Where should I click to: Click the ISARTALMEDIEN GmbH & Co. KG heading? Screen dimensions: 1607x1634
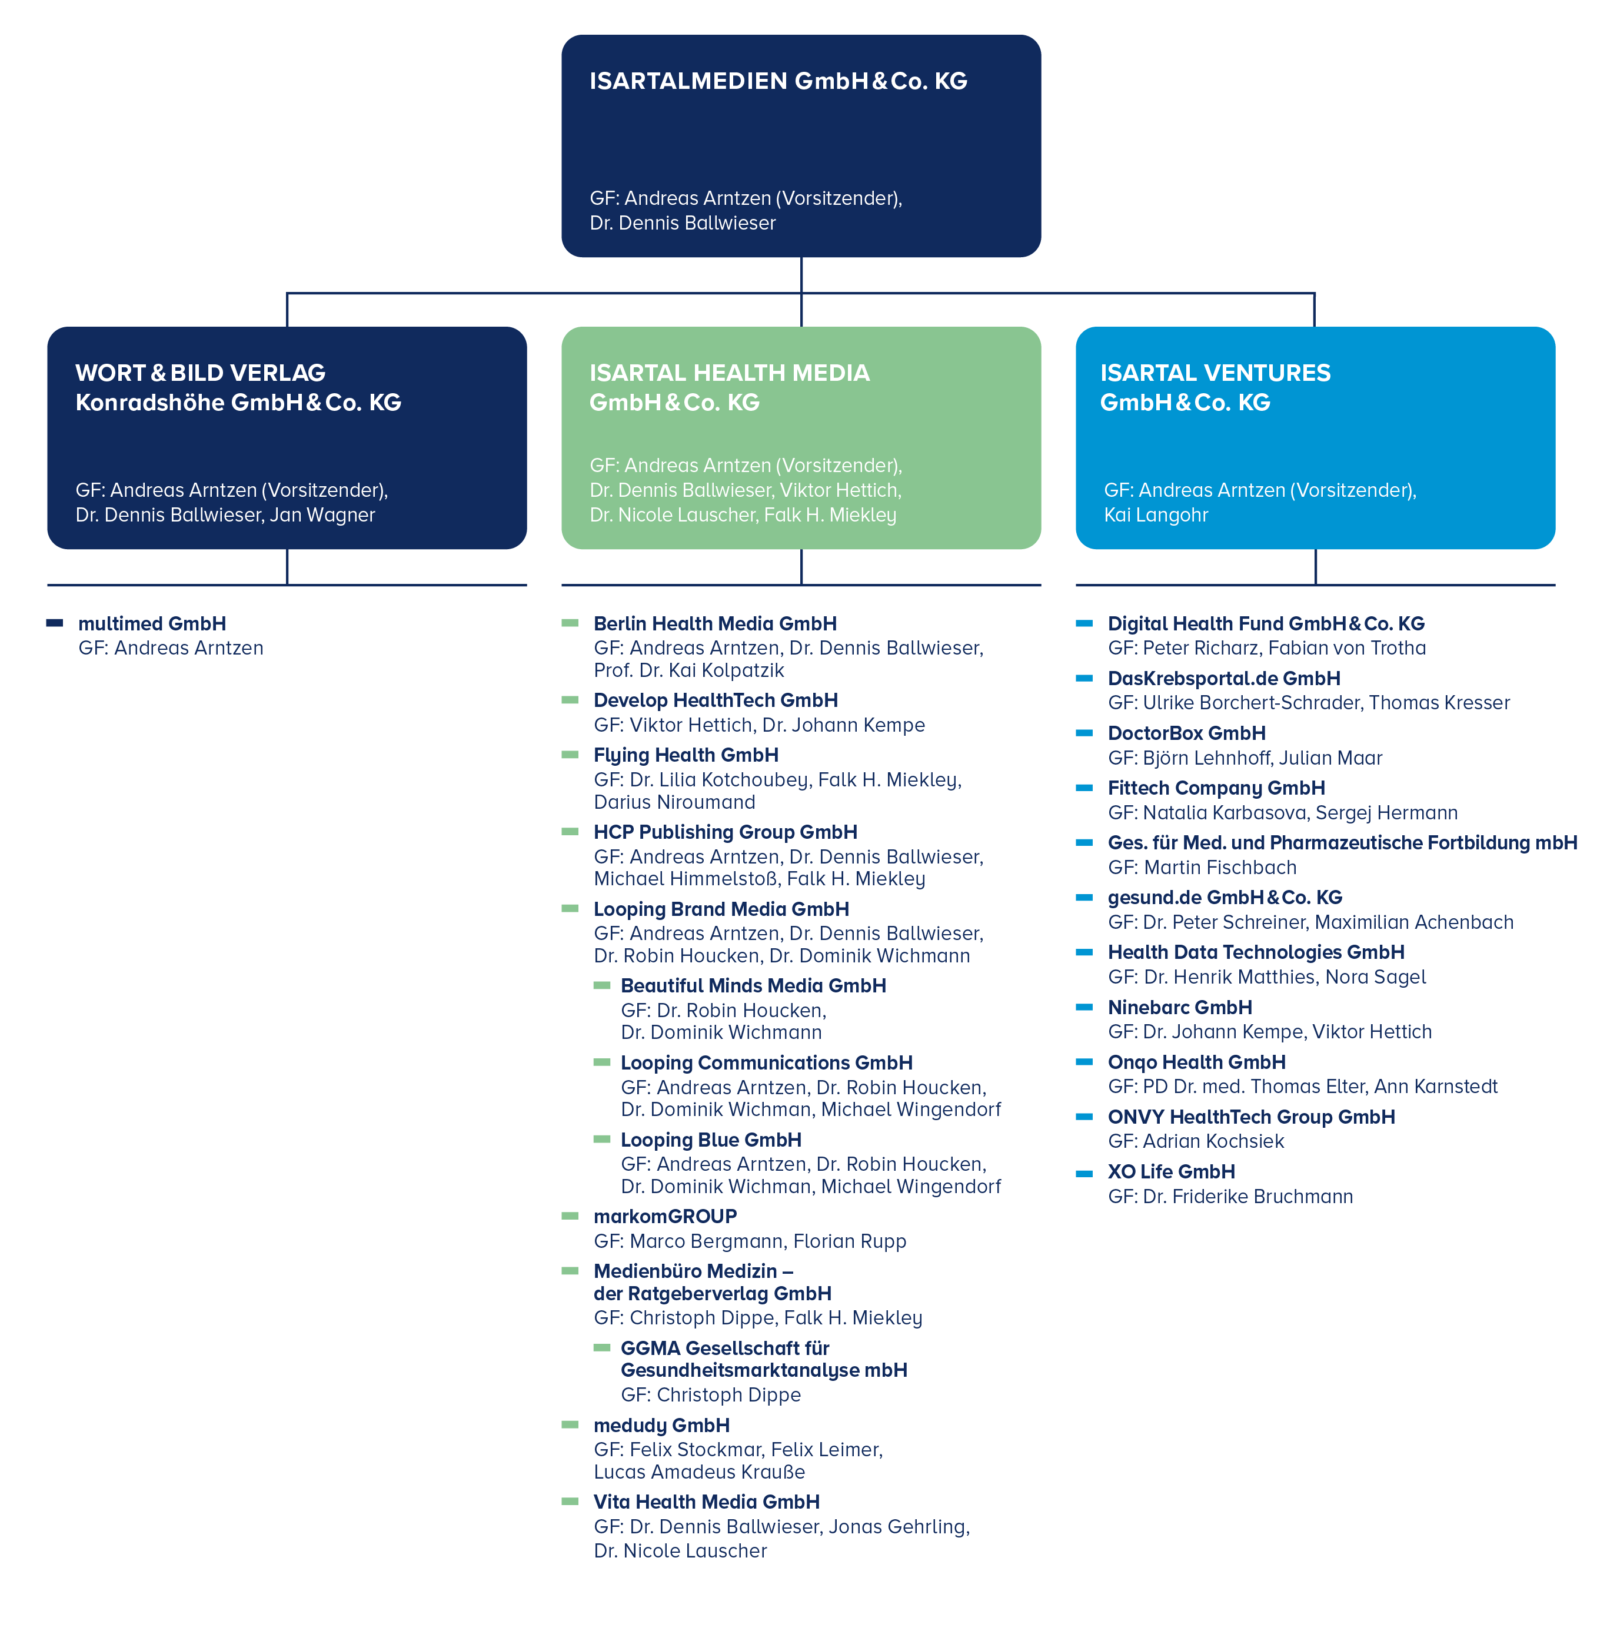tap(778, 81)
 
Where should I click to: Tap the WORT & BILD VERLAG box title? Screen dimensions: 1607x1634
tap(238, 387)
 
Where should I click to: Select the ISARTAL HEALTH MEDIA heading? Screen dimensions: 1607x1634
tap(729, 387)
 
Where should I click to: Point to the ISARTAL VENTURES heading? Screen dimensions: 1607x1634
tap(1215, 387)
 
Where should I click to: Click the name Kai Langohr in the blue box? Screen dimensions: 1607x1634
tap(1156, 515)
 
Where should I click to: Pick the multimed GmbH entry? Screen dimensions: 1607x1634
tap(152, 624)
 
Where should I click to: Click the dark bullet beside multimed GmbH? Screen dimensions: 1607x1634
tap(55, 623)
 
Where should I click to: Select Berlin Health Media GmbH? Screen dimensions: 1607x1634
tap(715, 624)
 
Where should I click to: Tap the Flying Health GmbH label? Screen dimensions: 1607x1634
tap(686, 755)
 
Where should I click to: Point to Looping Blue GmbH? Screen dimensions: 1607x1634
tap(711, 1140)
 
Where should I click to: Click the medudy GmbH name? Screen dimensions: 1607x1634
tap(662, 1426)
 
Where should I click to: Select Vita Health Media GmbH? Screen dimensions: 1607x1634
tap(707, 1502)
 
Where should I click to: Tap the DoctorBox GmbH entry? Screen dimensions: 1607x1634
tap(1187, 733)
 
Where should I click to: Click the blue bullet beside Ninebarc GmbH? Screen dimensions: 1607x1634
tap(1084, 1007)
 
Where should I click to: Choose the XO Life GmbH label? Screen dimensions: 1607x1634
tap(1172, 1171)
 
